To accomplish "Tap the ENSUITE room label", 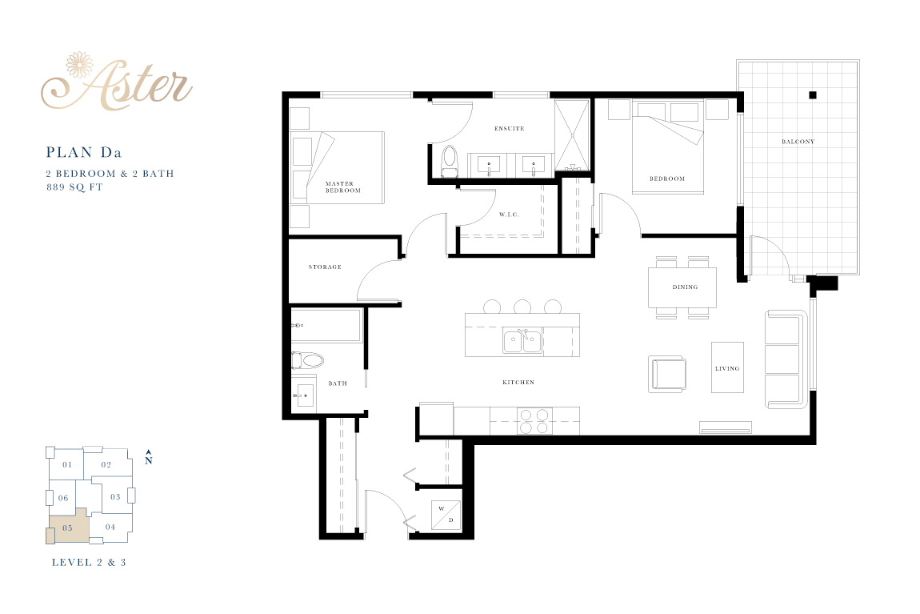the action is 510,129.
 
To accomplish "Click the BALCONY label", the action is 798,142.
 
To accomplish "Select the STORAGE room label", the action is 325,267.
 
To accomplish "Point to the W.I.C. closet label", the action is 510,215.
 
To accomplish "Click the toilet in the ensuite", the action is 450,162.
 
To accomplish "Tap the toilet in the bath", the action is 308,359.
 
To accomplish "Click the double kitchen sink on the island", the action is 522,341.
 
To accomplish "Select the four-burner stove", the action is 534,421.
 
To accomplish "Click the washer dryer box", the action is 446,516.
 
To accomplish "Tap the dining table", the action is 682,287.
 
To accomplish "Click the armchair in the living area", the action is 668,373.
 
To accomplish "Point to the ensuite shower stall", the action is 572,135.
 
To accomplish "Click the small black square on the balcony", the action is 813,95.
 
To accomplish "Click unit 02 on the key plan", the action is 106,464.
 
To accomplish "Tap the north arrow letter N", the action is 149,460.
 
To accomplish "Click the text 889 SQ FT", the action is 74,187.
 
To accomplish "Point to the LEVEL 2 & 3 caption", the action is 89,562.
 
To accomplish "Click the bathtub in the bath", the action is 326,325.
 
